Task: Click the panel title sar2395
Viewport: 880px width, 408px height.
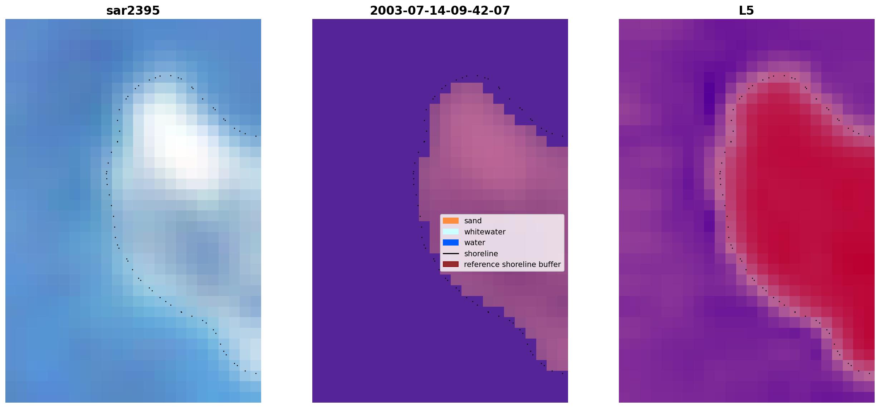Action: click(133, 11)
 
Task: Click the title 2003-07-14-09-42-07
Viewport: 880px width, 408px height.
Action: click(440, 11)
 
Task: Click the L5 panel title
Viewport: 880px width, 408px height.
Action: click(747, 11)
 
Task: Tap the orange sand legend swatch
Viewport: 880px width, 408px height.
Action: click(451, 221)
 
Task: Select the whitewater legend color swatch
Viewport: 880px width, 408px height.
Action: click(451, 232)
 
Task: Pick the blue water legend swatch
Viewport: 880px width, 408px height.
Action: click(451, 243)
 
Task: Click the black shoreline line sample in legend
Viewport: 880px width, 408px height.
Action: click(451, 254)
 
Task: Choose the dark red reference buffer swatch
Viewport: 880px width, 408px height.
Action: click(451, 264)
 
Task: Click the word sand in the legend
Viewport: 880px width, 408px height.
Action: click(473, 221)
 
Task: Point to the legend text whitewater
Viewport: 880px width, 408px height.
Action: click(485, 232)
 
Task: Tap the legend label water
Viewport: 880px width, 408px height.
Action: click(475, 243)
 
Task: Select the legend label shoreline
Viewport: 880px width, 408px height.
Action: click(481, 254)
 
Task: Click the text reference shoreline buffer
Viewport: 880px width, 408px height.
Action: click(512, 264)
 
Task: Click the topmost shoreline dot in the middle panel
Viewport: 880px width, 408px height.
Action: click(477, 76)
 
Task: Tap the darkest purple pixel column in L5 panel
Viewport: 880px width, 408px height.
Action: click(709, 93)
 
